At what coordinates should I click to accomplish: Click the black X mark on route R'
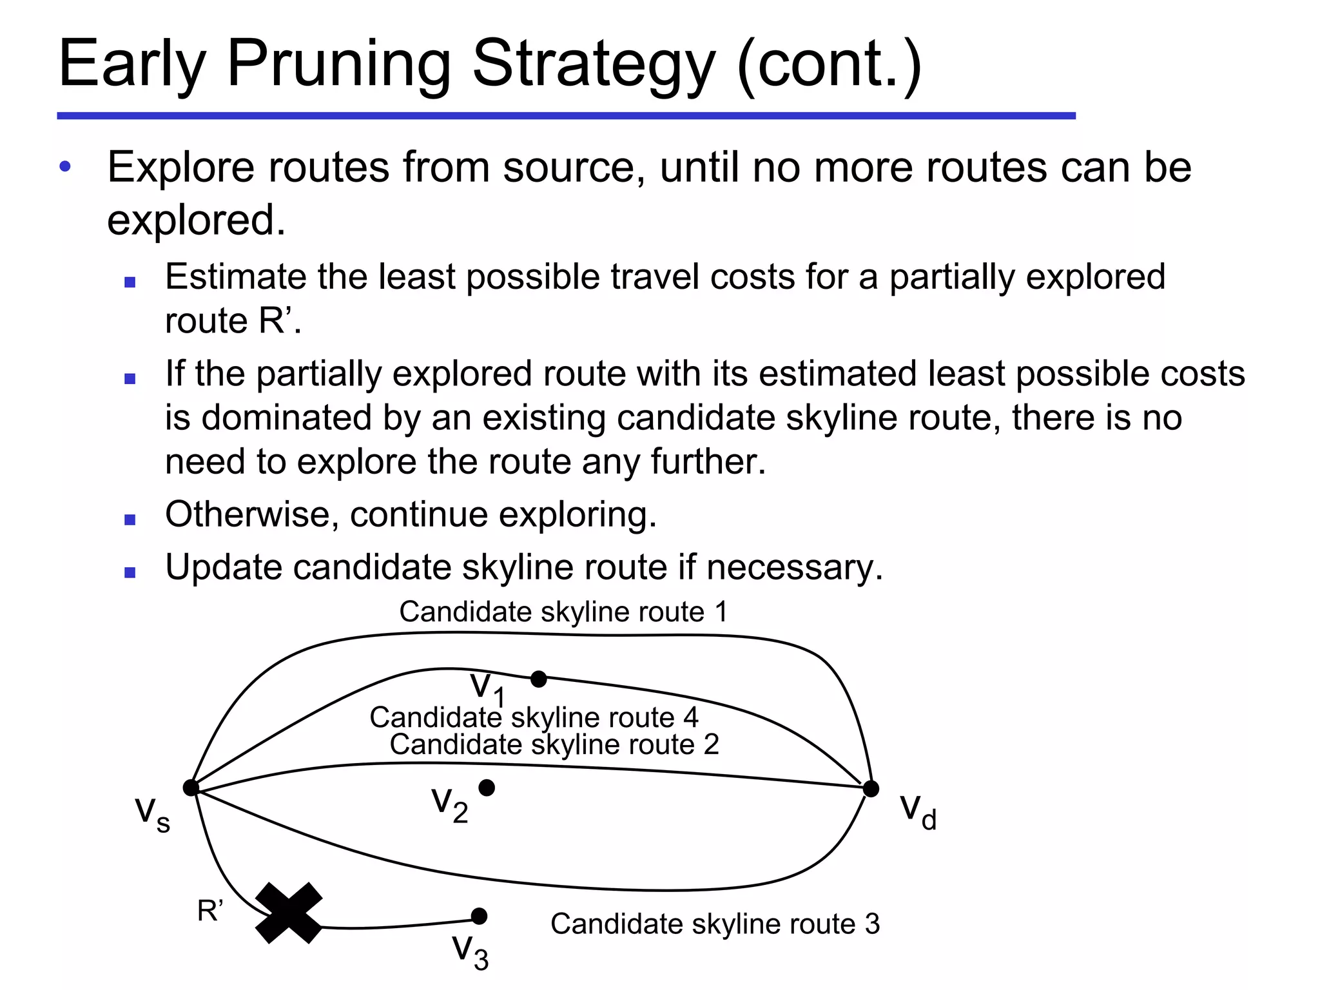point(289,913)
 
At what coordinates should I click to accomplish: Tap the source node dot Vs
point(191,788)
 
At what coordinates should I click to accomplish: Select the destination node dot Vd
point(871,788)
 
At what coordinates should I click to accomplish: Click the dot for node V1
point(539,679)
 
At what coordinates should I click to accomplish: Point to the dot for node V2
point(487,787)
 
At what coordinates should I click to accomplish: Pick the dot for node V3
point(479,916)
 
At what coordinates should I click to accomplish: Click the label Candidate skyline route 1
point(563,612)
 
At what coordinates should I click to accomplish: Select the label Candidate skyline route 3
point(715,924)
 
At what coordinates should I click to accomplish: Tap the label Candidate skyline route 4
point(534,717)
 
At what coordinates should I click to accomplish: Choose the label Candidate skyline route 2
point(554,744)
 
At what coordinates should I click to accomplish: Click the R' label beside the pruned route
point(210,911)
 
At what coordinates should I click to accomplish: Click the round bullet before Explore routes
point(65,167)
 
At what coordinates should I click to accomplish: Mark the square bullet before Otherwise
point(130,519)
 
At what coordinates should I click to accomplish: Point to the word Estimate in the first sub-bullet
point(235,277)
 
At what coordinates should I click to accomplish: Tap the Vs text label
point(153,813)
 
